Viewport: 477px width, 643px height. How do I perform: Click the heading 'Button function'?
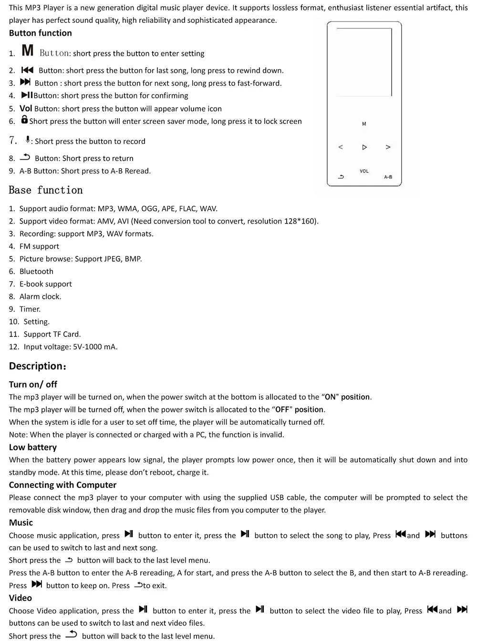coord(40,33)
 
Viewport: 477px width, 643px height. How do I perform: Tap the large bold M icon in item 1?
coord(28,50)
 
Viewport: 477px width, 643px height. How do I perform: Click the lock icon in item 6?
coord(24,120)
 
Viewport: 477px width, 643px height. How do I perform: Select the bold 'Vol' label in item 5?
coord(26,108)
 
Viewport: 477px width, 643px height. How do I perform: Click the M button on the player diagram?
coord(364,124)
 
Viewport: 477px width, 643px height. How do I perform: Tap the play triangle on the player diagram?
coord(364,147)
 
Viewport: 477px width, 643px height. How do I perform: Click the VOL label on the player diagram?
coord(364,171)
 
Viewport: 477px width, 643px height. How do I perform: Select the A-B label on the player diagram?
coord(388,177)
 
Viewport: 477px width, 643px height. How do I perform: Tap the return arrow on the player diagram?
coord(341,177)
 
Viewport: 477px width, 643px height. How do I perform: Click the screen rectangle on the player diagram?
coord(364,62)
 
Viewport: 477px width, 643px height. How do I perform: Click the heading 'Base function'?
coord(46,190)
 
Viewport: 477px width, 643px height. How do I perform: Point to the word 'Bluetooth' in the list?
coord(36,271)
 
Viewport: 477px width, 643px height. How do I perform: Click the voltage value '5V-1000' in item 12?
coord(87,347)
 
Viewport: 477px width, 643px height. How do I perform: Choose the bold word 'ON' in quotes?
coord(330,397)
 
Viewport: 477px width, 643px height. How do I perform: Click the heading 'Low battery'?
coord(32,447)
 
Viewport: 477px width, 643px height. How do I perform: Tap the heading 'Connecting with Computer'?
coord(62,485)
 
